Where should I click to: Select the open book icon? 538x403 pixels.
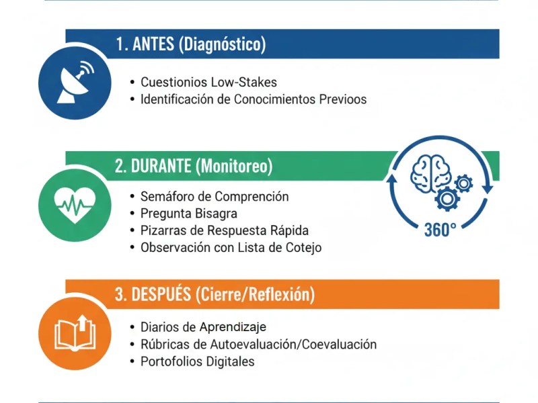75,332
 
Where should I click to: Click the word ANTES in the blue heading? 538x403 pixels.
153,44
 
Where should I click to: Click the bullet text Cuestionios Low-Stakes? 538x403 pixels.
208,83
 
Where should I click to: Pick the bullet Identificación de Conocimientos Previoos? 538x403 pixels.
254,99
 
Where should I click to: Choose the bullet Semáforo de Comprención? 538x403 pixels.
215,197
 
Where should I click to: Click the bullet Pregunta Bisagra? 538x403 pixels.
188,214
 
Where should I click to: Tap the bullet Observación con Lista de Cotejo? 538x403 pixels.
231,247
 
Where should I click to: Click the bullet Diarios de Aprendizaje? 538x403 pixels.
203,327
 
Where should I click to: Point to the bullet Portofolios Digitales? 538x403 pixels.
198,361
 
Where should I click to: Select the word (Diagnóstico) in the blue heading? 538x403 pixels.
223,44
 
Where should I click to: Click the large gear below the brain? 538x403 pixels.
447,197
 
